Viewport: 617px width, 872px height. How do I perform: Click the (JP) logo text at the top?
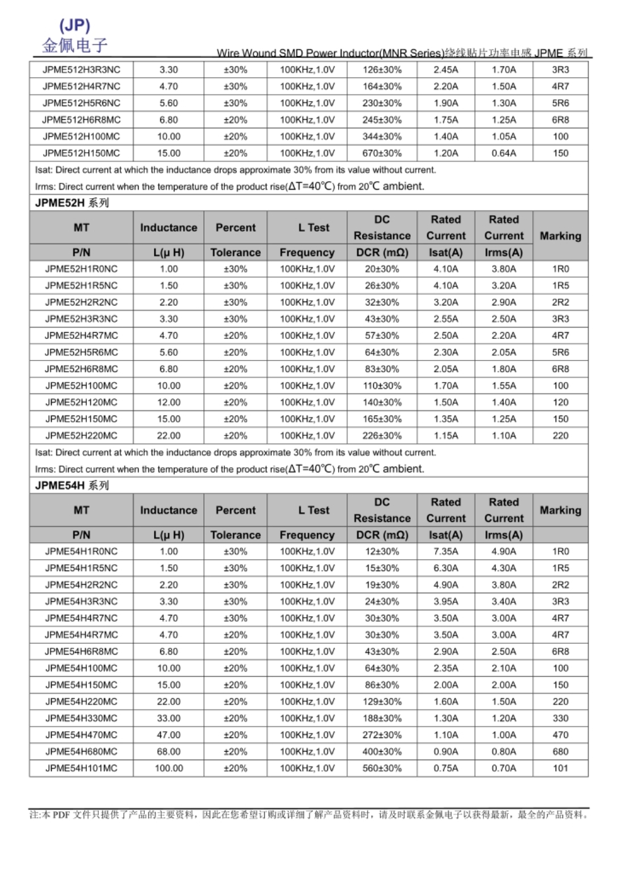[x=74, y=25]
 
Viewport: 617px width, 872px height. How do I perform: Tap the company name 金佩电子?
[x=74, y=45]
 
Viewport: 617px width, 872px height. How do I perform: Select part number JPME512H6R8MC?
[x=81, y=120]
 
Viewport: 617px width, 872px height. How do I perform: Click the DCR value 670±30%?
[x=382, y=153]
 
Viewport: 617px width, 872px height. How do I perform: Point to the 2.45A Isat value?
[x=445, y=70]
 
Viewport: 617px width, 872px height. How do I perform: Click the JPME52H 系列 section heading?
[x=72, y=203]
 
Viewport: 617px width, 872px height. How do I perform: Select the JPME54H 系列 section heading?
[x=72, y=485]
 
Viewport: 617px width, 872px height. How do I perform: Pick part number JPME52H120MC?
[x=81, y=403]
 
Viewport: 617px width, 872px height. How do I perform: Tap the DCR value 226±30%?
[x=382, y=436]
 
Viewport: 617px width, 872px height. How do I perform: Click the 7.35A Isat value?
[x=445, y=551]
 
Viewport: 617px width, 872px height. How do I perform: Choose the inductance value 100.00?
[x=169, y=768]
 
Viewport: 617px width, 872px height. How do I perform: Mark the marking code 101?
[x=560, y=768]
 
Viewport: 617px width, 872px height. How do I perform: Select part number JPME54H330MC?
[x=81, y=718]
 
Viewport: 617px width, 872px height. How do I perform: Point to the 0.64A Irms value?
[x=504, y=153]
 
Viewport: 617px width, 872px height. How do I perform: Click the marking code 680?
[x=560, y=752]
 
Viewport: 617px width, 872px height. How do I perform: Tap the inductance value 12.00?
[x=169, y=403]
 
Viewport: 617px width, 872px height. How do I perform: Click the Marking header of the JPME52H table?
[x=560, y=236]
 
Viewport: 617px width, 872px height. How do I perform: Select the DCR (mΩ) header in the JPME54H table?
[x=382, y=535]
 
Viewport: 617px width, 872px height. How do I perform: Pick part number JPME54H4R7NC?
[x=81, y=618]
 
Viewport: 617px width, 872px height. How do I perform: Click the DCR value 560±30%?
[x=382, y=768]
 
